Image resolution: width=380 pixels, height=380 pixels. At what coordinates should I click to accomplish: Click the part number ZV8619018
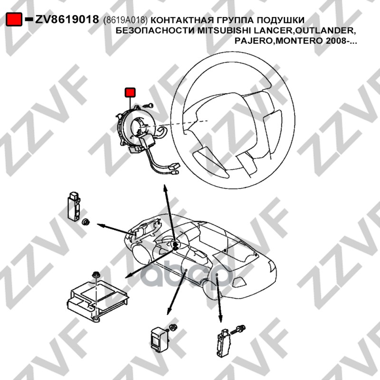click(67, 19)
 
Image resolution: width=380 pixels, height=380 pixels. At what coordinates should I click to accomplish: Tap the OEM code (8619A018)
click(125, 20)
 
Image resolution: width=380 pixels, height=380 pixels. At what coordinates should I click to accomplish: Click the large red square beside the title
click(14, 19)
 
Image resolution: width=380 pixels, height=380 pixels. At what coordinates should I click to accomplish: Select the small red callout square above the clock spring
click(130, 92)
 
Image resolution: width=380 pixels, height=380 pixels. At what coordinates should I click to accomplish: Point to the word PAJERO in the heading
click(254, 41)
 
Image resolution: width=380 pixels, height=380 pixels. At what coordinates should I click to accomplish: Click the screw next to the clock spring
click(148, 105)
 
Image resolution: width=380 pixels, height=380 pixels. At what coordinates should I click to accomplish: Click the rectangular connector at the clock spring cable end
click(175, 166)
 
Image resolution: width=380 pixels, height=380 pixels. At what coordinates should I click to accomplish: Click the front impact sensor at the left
click(74, 207)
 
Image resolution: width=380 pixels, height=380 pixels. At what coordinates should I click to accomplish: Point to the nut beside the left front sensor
click(85, 221)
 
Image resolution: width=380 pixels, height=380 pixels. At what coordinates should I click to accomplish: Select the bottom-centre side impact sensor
click(159, 338)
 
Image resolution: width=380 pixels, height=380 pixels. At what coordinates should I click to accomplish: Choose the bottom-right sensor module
click(223, 342)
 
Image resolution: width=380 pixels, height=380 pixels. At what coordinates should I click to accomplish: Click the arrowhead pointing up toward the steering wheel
click(165, 188)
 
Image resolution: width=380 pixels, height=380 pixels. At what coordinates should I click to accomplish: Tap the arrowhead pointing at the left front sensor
click(101, 225)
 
